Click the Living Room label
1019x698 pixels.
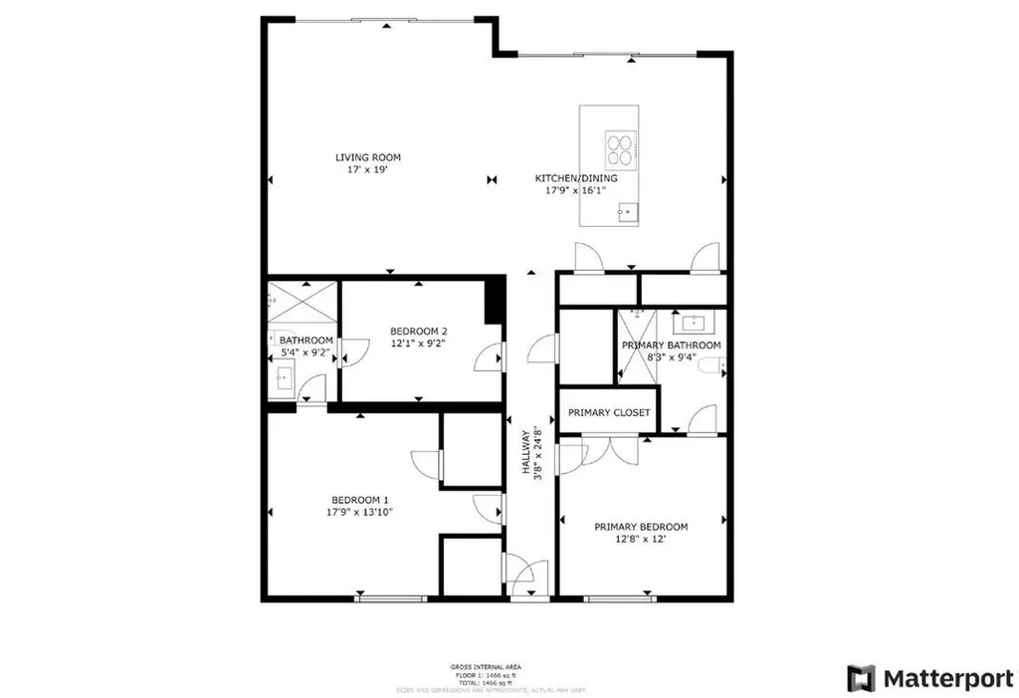click(367, 157)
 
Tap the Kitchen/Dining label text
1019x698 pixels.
click(576, 178)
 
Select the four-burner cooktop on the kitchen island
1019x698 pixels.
click(619, 148)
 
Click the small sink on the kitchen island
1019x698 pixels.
click(627, 210)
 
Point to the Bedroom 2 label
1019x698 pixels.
click(418, 332)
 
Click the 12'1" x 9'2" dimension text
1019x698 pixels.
click(418, 345)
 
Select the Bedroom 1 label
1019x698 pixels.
click(359, 500)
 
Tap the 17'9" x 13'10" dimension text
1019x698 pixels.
click(359, 513)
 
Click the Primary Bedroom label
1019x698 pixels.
click(641, 527)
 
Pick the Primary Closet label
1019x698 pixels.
click(609, 412)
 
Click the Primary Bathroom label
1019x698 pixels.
click(671, 346)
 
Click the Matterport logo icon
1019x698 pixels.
click(861, 678)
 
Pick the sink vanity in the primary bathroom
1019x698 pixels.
click(690, 322)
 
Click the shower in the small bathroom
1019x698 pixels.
click(302, 300)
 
